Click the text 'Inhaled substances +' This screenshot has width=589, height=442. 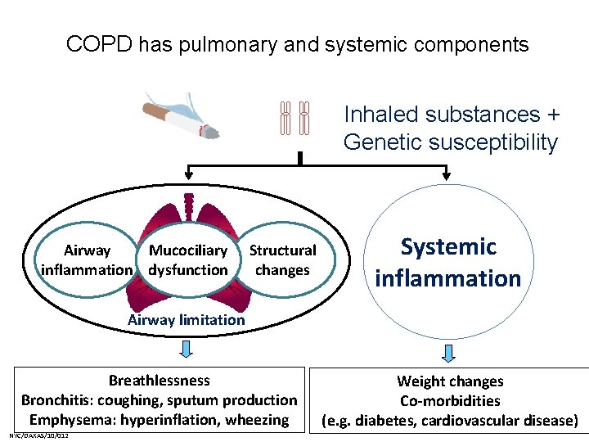(x=442, y=115)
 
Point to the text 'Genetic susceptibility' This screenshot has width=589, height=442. (x=450, y=142)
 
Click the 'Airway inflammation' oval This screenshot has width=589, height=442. (x=87, y=260)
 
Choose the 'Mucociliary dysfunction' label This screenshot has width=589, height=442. (x=188, y=260)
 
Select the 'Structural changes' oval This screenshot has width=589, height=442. (x=282, y=260)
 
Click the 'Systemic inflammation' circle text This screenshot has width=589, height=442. (x=447, y=262)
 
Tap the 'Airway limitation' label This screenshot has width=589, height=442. (x=187, y=320)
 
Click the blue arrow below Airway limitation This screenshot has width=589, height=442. (x=187, y=349)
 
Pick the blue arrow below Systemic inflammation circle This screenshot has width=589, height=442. (x=448, y=353)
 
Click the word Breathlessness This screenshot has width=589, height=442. (x=159, y=381)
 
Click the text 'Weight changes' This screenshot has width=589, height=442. (x=450, y=381)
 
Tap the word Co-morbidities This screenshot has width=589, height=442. (x=450, y=401)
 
